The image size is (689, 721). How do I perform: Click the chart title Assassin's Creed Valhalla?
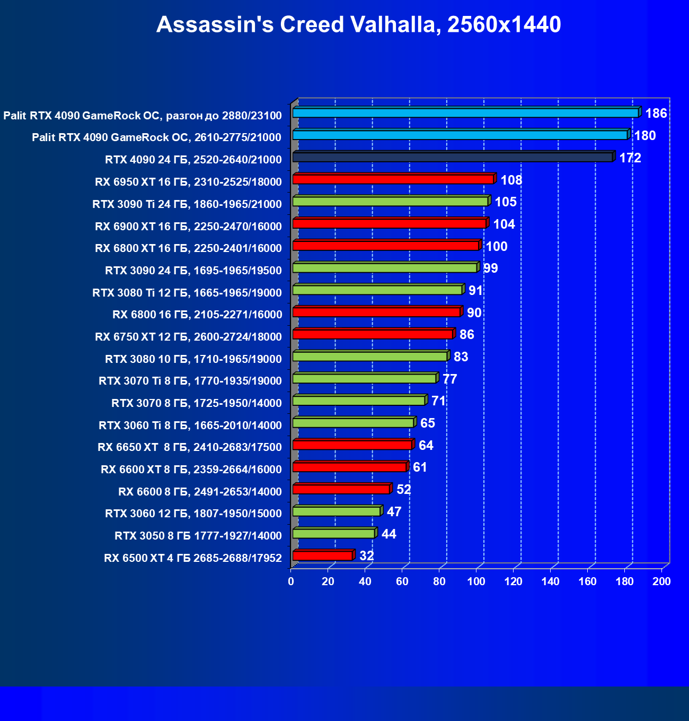[358, 24]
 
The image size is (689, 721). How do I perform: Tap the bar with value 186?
[465, 113]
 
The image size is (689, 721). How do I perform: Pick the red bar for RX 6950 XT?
[393, 179]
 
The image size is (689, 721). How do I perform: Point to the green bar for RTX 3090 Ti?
[390, 202]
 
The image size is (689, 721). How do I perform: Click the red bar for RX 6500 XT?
[322, 555]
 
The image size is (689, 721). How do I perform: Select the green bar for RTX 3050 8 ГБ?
[333, 533]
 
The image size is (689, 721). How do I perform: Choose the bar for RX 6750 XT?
[373, 334]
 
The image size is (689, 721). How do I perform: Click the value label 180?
[645, 136]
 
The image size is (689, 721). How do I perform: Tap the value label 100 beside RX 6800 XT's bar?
[497, 247]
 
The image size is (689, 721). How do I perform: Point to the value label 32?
[367, 556]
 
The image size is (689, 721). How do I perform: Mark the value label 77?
[449, 379]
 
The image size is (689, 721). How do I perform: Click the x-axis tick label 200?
[661, 582]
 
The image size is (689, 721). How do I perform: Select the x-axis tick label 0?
[291, 582]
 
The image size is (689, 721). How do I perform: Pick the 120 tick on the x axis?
[513, 582]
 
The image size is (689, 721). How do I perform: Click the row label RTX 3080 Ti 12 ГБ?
[187, 293]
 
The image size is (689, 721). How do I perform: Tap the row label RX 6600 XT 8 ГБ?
[191, 470]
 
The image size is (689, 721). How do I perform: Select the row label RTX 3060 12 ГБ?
[193, 514]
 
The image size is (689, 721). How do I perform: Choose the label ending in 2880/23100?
[143, 116]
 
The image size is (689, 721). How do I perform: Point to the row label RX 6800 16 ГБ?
[197, 315]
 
